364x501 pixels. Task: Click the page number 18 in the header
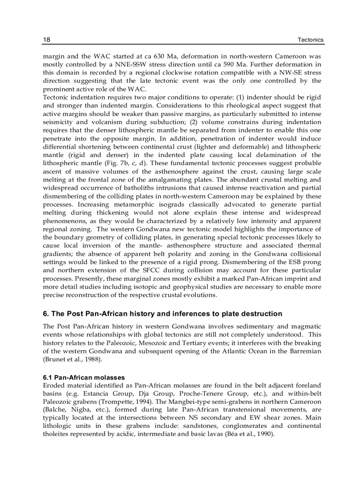(x=46, y=40)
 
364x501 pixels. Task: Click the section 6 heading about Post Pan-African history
(x=162, y=314)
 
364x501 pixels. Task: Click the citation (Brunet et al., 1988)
(x=71, y=359)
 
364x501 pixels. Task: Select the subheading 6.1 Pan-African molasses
(x=84, y=377)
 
